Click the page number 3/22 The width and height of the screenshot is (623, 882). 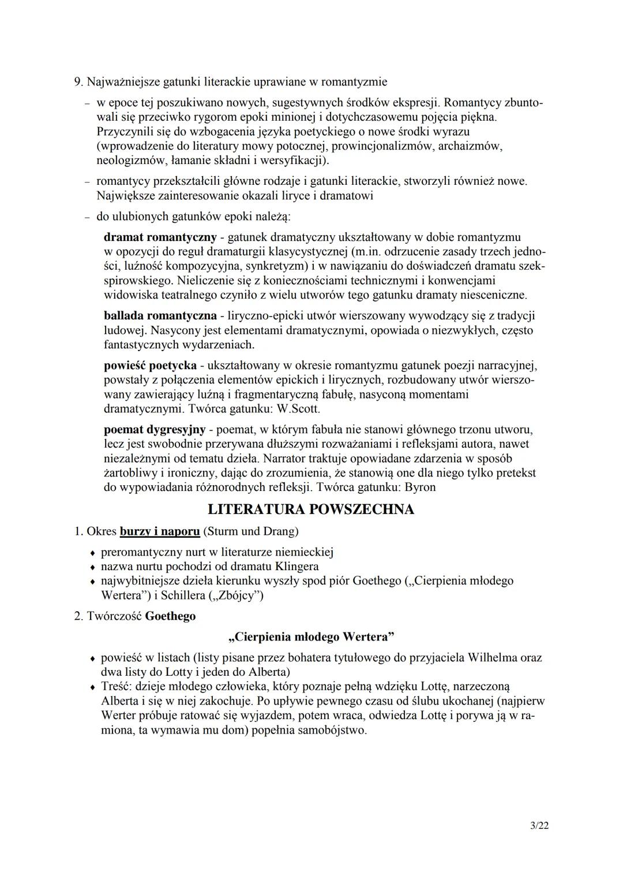click(x=539, y=826)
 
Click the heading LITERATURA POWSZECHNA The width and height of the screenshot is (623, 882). click(x=311, y=509)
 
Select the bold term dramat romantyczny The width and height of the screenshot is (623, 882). click(x=160, y=237)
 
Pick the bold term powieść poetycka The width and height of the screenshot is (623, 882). click(x=150, y=366)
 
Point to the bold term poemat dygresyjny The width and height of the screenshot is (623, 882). click(x=155, y=430)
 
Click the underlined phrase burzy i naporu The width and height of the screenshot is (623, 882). click(x=160, y=531)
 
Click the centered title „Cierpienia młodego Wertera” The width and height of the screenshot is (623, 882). click(x=311, y=638)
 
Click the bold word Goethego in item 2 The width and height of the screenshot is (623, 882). click(x=170, y=616)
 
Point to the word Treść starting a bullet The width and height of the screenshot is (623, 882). click(x=115, y=687)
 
